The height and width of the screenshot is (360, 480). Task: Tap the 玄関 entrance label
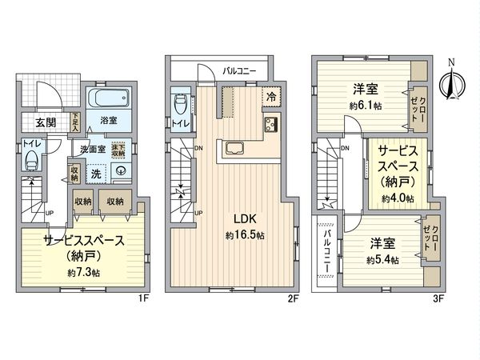46,122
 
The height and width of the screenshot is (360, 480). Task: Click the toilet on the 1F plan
31,160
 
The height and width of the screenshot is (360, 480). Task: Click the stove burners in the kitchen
268,124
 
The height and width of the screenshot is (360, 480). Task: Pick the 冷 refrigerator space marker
272,94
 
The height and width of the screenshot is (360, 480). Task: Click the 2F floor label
293,299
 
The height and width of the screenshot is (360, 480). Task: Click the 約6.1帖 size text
365,106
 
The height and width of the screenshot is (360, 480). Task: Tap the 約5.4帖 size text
382,260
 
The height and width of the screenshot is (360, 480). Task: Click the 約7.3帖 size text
83,273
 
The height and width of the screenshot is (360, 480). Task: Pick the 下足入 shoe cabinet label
76,122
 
